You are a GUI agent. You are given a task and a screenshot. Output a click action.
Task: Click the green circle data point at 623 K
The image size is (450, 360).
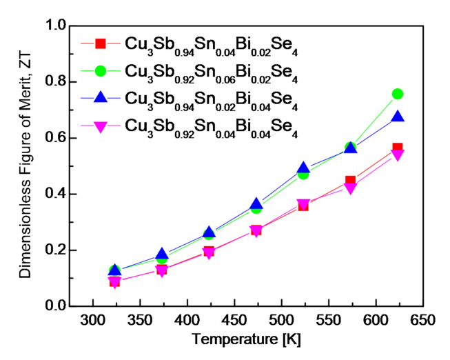[397, 94]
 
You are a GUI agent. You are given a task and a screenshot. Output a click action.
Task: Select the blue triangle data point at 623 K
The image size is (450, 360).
[397, 117]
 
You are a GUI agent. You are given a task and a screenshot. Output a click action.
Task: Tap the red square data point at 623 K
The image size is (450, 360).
[397, 148]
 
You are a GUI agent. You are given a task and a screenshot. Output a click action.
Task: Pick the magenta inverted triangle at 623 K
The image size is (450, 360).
[397, 154]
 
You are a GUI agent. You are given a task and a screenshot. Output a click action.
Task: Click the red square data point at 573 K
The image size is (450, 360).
[350, 181]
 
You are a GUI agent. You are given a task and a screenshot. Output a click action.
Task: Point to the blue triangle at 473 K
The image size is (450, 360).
[256, 204]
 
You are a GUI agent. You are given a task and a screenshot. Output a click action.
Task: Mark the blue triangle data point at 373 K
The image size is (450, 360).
[162, 254]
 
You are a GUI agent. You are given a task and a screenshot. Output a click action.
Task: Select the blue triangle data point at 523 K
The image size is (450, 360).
[303, 168]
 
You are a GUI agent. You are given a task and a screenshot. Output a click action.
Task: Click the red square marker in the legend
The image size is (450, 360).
[100, 43]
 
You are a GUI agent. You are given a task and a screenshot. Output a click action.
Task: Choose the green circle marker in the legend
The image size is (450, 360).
[100, 70]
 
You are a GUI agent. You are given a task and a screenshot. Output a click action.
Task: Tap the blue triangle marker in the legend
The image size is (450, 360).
[100, 97]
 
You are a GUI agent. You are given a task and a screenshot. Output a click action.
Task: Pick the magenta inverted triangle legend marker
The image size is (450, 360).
[100, 125]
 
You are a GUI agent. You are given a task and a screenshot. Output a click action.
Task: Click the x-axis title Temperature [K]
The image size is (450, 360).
[247, 340]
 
